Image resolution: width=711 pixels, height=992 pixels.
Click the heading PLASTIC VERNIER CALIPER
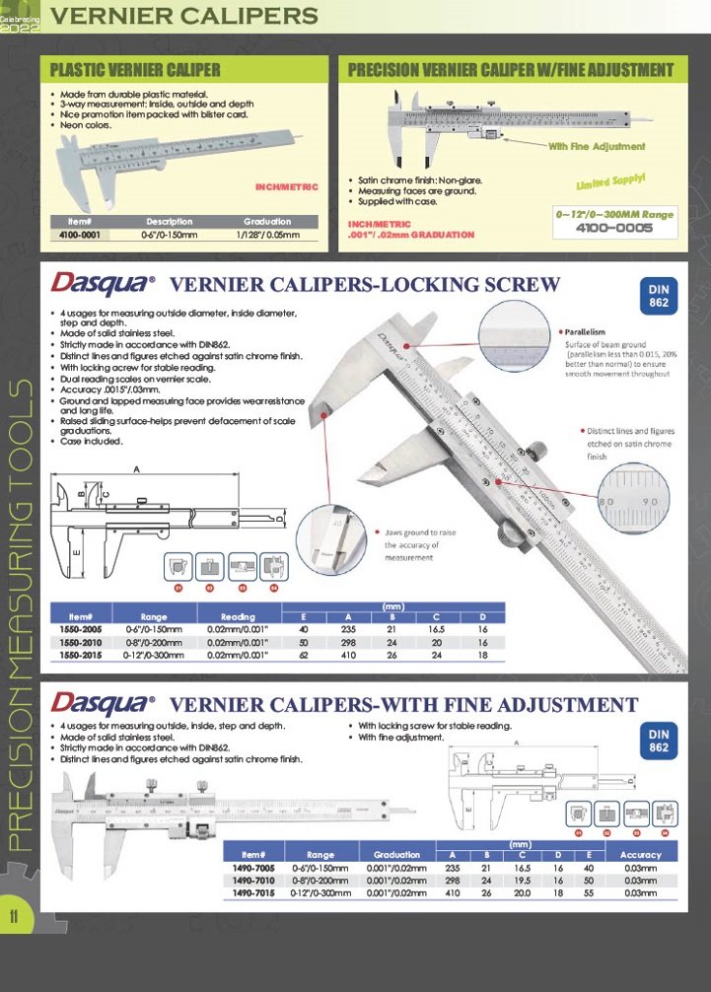(x=135, y=70)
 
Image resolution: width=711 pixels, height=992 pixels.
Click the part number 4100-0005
(x=615, y=228)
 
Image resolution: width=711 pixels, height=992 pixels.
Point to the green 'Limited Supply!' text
(x=610, y=180)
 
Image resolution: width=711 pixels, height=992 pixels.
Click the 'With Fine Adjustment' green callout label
(x=597, y=146)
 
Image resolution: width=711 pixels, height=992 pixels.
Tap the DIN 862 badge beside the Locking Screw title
(x=659, y=295)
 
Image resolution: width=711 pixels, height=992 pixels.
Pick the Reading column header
(x=238, y=616)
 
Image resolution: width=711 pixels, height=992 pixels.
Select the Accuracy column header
(x=641, y=854)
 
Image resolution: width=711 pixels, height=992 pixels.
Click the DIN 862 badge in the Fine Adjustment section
(x=659, y=741)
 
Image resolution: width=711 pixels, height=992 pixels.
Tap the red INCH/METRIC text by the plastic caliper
(x=287, y=186)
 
